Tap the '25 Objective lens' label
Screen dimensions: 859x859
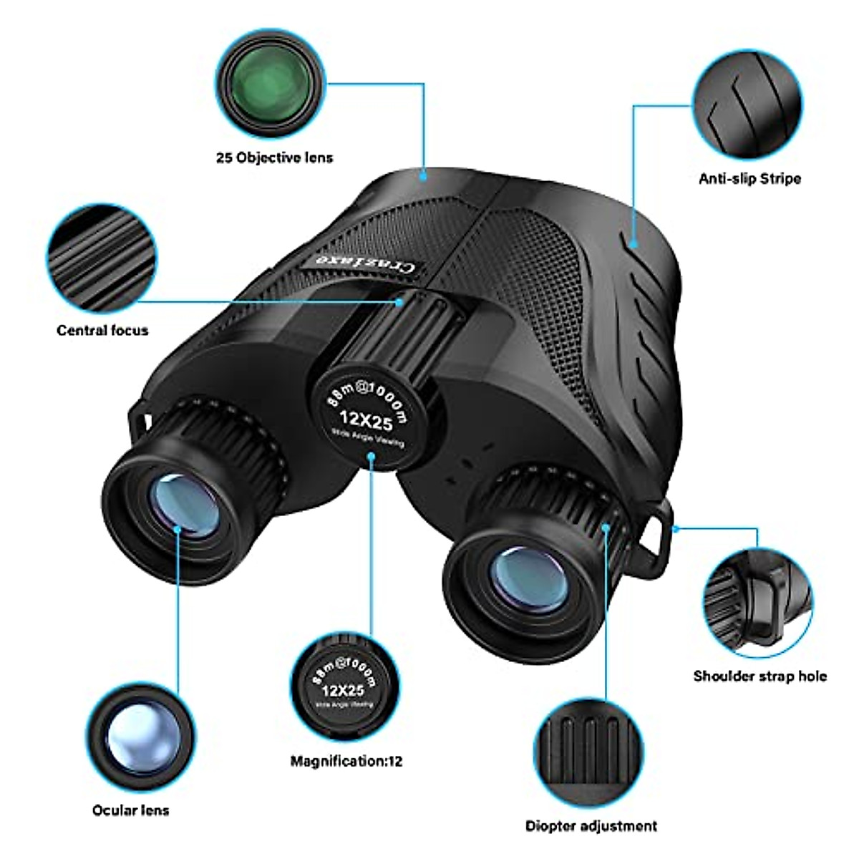pyautogui.click(x=274, y=157)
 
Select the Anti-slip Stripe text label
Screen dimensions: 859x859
pyautogui.click(x=749, y=178)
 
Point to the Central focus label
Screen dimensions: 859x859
pyautogui.click(x=102, y=330)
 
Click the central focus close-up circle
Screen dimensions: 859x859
pyautogui.click(x=102, y=258)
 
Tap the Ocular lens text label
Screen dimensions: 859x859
pyautogui.click(x=131, y=810)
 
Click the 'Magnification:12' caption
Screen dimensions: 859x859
pyautogui.click(x=346, y=761)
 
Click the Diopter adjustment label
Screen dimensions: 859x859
pyautogui.click(x=591, y=826)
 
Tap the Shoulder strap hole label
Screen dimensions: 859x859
pyautogui.click(x=759, y=676)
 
